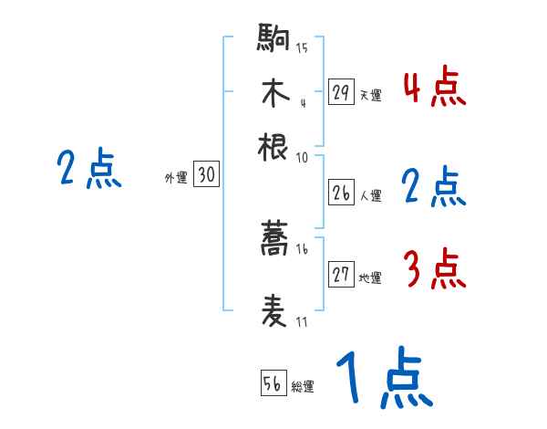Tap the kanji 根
(274, 145)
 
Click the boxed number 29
(341, 92)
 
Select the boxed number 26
(341, 193)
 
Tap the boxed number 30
(206, 176)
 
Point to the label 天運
(370, 95)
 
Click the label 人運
(370, 195)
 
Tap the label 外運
(175, 179)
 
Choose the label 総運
(303, 386)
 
